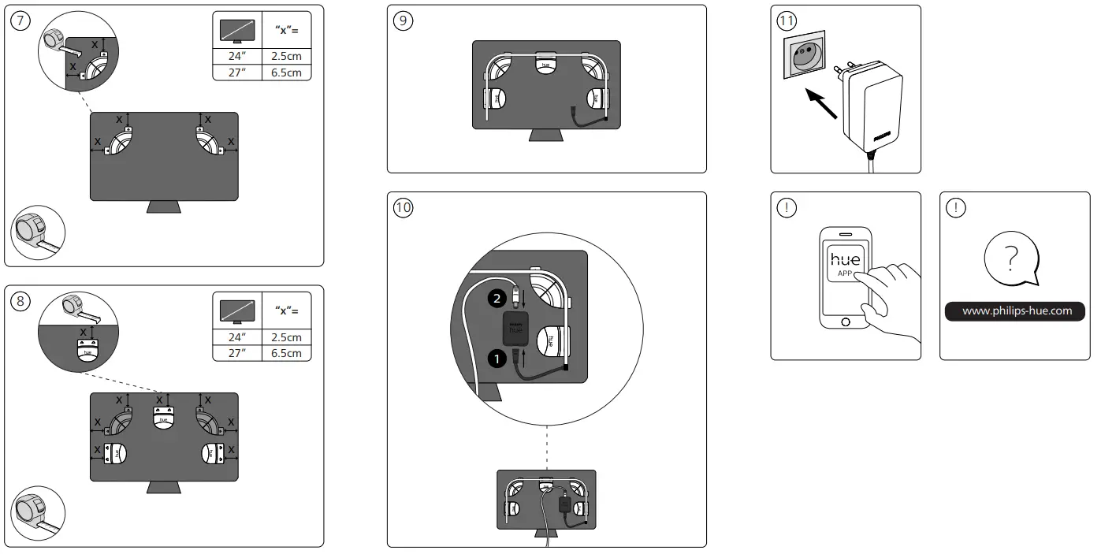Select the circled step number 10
click(403, 208)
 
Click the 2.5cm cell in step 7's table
click(286, 57)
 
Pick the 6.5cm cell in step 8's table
click(286, 353)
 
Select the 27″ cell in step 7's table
click(236, 73)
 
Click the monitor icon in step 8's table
click(237, 310)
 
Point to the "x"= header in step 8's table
click(286, 310)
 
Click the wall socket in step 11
click(802, 56)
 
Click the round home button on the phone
click(846, 322)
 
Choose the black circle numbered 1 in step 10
click(496, 359)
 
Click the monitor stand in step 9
click(545, 136)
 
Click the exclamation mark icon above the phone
click(787, 208)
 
